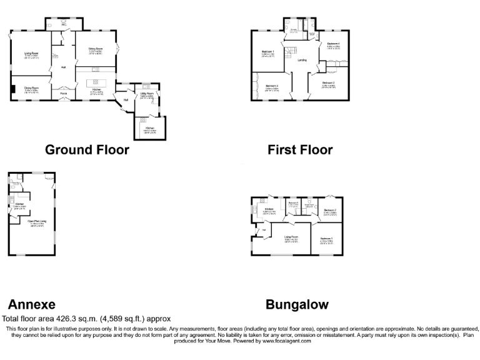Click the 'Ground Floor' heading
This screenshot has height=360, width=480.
click(x=87, y=150)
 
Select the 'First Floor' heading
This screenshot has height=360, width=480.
click(x=300, y=150)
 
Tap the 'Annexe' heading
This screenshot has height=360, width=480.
click(x=31, y=304)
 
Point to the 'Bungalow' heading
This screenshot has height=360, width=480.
click(x=297, y=304)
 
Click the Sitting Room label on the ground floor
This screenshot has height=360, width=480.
click(x=95, y=49)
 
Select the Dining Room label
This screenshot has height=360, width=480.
click(x=32, y=88)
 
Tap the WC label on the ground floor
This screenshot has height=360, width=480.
click(x=64, y=25)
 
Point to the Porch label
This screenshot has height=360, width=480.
click(x=64, y=94)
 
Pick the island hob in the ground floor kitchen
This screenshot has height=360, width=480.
click(x=96, y=82)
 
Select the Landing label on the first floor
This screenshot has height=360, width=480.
click(x=302, y=60)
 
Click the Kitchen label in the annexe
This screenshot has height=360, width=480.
click(x=20, y=204)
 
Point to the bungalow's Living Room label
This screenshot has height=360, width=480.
click(x=291, y=237)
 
